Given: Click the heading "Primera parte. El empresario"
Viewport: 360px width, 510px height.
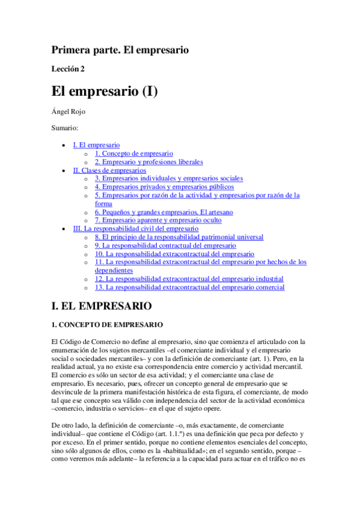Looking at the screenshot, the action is (x=120, y=50).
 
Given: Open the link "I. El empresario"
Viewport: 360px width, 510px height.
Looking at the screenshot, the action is (x=96, y=145).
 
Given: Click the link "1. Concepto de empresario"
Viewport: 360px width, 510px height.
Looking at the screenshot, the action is (x=134, y=153).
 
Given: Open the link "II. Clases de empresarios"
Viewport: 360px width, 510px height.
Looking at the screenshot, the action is (x=109, y=170).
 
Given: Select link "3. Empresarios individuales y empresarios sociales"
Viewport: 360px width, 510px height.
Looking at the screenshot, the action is (x=169, y=179).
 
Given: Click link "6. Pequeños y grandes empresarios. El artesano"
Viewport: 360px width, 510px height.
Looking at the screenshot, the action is (x=163, y=212).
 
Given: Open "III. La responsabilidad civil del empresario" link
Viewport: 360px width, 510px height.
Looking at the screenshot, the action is (x=135, y=229).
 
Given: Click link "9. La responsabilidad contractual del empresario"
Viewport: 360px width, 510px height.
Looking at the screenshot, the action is (x=165, y=245).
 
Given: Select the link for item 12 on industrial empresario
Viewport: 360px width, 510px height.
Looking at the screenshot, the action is (x=189, y=279).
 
